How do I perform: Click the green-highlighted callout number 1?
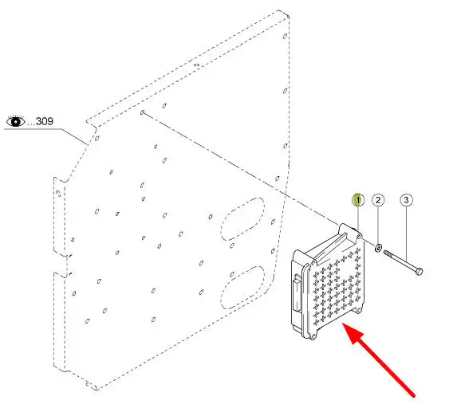358,200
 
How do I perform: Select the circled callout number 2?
378,200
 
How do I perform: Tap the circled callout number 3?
406,200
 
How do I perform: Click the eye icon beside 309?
15,120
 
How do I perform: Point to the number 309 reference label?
45,121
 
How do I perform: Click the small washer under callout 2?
378,248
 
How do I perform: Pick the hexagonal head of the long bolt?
419,272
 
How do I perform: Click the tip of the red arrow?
342,324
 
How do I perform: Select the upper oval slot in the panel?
242,219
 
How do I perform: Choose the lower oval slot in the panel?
242,288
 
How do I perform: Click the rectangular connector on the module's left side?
297,292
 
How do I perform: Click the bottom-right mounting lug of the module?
360,310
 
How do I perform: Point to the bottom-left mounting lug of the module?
313,337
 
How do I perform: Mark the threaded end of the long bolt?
387,253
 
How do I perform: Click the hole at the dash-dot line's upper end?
143,112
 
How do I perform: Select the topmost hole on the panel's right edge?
285,36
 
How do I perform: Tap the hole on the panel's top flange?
197,65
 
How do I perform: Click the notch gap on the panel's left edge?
62,264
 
